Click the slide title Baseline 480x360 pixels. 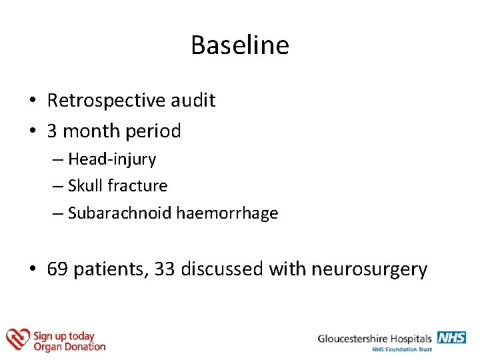click(x=240, y=45)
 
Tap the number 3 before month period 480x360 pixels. click(x=52, y=131)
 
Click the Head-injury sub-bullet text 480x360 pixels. click(x=111, y=159)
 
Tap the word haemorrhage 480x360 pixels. click(x=227, y=213)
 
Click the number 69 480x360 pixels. click(x=57, y=269)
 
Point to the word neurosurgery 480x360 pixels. click(x=376, y=269)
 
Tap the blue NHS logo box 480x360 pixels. click(x=451, y=337)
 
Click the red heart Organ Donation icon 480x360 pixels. click(x=18, y=339)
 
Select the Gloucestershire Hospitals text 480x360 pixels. click(x=375, y=339)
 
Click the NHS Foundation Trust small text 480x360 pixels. click(x=402, y=349)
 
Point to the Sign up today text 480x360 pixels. click(x=64, y=336)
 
